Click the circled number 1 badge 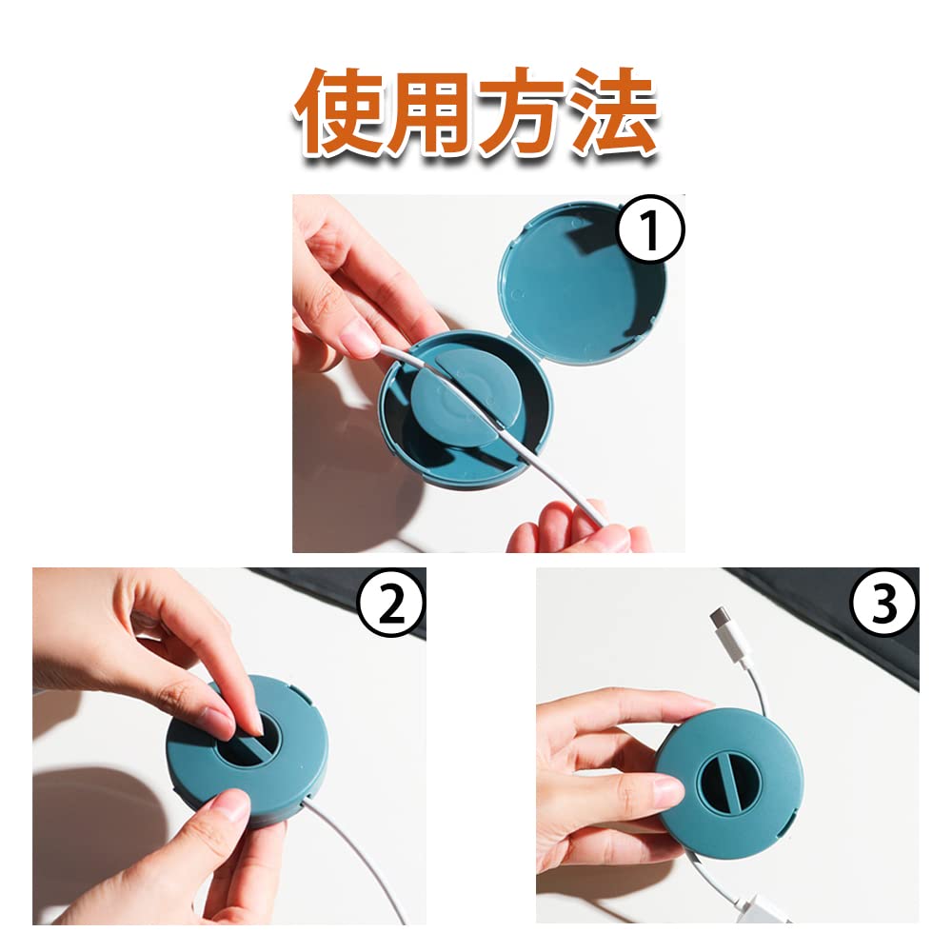point(650,228)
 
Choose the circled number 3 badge point(884,602)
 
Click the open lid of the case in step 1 point(583,284)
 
